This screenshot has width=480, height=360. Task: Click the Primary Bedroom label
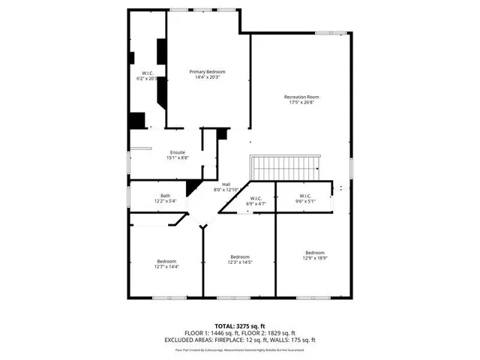pyautogui.click(x=207, y=71)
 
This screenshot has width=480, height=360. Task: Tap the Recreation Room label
pyautogui.click(x=301, y=97)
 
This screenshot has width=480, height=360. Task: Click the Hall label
pyautogui.click(x=226, y=184)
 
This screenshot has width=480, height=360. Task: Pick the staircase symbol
pyautogui.click(x=286, y=164)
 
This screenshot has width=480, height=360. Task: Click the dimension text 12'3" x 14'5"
pyautogui.click(x=240, y=262)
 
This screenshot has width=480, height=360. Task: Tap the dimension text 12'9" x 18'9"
pyautogui.click(x=314, y=258)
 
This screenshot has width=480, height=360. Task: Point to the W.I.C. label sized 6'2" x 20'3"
pyautogui.click(x=146, y=73)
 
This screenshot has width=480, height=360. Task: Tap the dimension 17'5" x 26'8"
pyautogui.click(x=301, y=103)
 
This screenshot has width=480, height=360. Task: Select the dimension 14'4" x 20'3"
pyautogui.click(x=207, y=77)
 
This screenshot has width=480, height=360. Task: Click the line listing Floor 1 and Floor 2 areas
pyautogui.click(x=240, y=334)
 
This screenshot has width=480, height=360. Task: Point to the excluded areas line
pyautogui.click(x=240, y=340)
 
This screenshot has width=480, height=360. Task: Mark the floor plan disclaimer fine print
pyautogui.click(x=240, y=349)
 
